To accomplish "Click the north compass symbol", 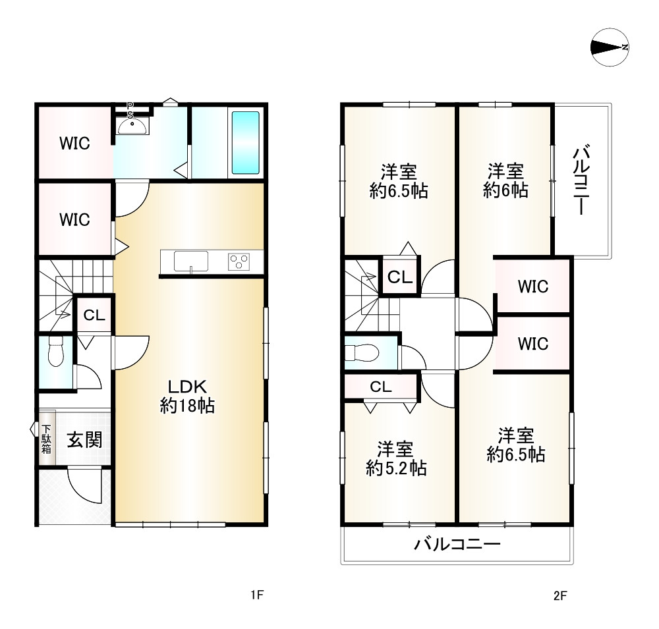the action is tap(610, 47).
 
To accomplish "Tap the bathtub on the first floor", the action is tap(245, 142).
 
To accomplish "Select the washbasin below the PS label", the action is tap(132, 126).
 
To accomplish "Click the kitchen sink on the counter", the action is tap(191, 261).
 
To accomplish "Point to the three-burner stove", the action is tap(239, 261).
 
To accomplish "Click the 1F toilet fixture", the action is tap(55, 351).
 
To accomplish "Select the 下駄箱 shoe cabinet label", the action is tap(46, 439).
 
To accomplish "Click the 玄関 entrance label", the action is tap(84, 440).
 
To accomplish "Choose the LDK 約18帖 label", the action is tap(187, 396).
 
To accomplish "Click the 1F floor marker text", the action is tap(257, 595).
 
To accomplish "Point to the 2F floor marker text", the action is tap(560, 595).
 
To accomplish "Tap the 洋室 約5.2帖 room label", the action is tap(396, 458).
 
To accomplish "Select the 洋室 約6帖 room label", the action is tap(505, 180).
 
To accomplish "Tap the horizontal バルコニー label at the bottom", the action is tap(457, 545).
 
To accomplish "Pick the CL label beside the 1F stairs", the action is tap(94, 315).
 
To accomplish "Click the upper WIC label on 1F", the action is tap(75, 144).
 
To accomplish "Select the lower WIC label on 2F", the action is tap(533, 344).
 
